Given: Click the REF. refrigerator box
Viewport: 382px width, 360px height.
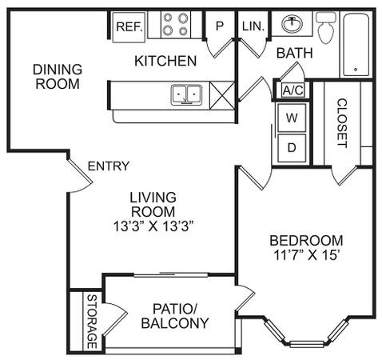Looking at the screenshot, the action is [x=129, y=27].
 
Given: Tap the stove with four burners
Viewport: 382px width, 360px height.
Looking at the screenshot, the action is [x=176, y=25].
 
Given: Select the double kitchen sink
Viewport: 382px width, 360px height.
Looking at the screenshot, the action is [x=186, y=94].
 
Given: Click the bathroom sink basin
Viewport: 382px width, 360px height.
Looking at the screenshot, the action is [x=292, y=23].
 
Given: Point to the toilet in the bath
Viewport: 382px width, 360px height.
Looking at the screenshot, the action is [x=326, y=27].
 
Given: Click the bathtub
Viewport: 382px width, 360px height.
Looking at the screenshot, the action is [x=356, y=45].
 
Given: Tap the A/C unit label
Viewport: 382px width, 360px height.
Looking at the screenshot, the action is [x=293, y=90].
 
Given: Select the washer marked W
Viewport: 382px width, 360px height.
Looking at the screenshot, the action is [x=292, y=118].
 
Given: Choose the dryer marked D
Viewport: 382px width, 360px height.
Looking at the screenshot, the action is [x=292, y=148].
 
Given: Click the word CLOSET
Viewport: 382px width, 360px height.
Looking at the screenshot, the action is [x=342, y=123].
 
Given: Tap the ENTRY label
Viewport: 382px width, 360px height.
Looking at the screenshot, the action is [x=109, y=166].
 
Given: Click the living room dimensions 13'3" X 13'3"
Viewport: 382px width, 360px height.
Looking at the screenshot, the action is [x=153, y=226].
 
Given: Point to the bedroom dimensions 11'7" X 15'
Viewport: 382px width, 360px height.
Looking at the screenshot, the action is [x=307, y=255].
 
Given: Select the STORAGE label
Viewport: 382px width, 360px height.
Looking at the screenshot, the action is [x=92, y=322].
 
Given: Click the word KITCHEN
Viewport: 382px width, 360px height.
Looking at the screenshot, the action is [x=165, y=61].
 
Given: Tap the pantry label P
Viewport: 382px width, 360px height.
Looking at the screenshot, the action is [x=220, y=26].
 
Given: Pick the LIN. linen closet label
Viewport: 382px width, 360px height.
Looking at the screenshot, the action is [x=253, y=26].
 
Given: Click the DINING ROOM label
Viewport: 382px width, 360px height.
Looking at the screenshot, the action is [x=58, y=77].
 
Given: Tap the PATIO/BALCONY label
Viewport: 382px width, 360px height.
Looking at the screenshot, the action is [x=175, y=316].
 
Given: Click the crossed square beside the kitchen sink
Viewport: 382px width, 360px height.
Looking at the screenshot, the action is [x=222, y=96].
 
